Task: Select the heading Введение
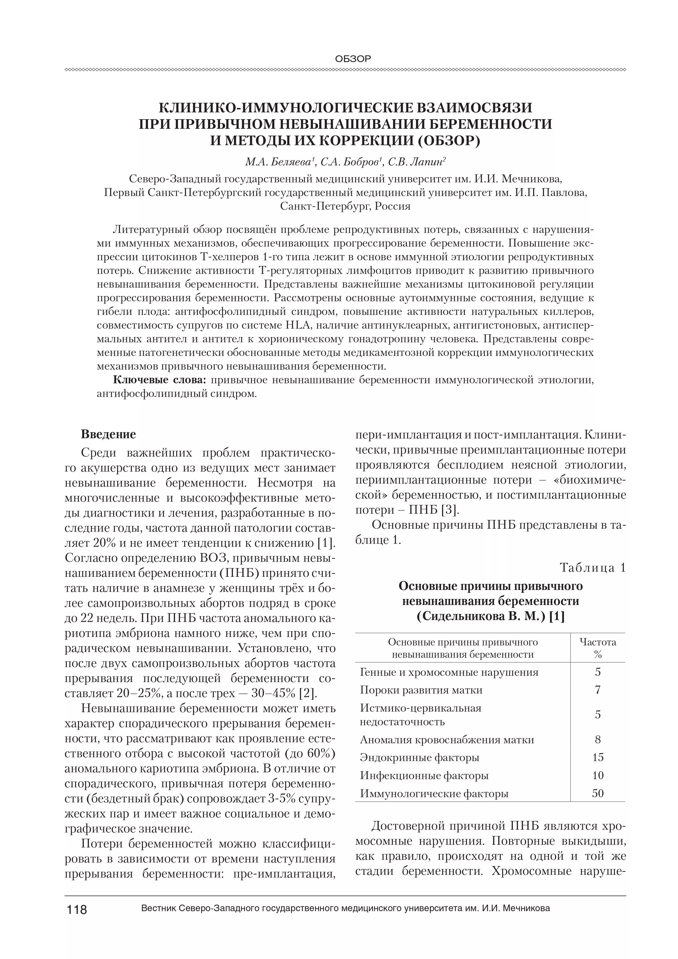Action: click(108, 434)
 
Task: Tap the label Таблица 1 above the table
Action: click(593, 568)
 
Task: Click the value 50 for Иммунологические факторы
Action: click(598, 794)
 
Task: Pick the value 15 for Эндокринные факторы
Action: click(598, 758)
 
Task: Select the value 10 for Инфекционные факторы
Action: click(598, 776)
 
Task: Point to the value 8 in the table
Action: click(598, 740)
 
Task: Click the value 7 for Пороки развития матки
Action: click(598, 690)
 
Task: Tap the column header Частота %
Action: click(598, 648)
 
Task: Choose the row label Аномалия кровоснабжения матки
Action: click(447, 740)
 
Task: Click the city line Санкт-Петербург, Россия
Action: click(345, 206)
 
